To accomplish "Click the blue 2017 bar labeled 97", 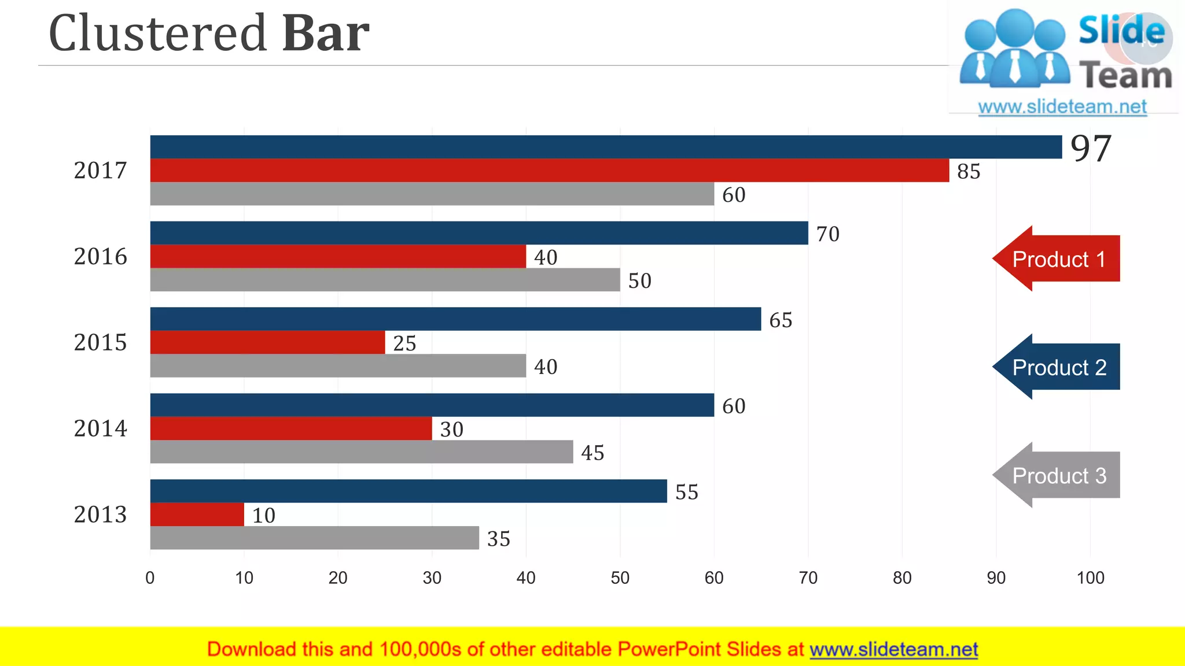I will (x=606, y=147).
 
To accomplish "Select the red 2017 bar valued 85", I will (x=550, y=171).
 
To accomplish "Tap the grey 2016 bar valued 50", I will (x=385, y=280).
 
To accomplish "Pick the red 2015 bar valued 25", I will (x=267, y=342).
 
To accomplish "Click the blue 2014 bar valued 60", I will (x=432, y=405).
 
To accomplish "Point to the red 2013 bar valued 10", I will (x=197, y=515).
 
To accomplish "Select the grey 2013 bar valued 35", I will (x=314, y=538).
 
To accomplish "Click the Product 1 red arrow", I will (x=1057, y=258).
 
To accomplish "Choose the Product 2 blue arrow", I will (x=1057, y=367).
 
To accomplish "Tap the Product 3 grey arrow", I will (x=1057, y=475).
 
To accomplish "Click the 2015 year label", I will (x=100, y=342).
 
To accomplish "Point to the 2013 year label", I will (x=100, y=515).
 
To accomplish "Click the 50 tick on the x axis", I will (x=620, y=578).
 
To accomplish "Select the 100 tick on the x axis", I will (x=1090, y=578).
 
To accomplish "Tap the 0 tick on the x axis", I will (x=150, y=578).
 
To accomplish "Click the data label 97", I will (x=1091, y=149).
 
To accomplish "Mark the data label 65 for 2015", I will (x=781, y=320).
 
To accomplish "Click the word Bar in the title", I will (x=325, y=34).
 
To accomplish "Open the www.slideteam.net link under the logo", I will (x=1062, y=107).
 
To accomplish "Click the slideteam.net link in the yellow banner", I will (x=893, y=649).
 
